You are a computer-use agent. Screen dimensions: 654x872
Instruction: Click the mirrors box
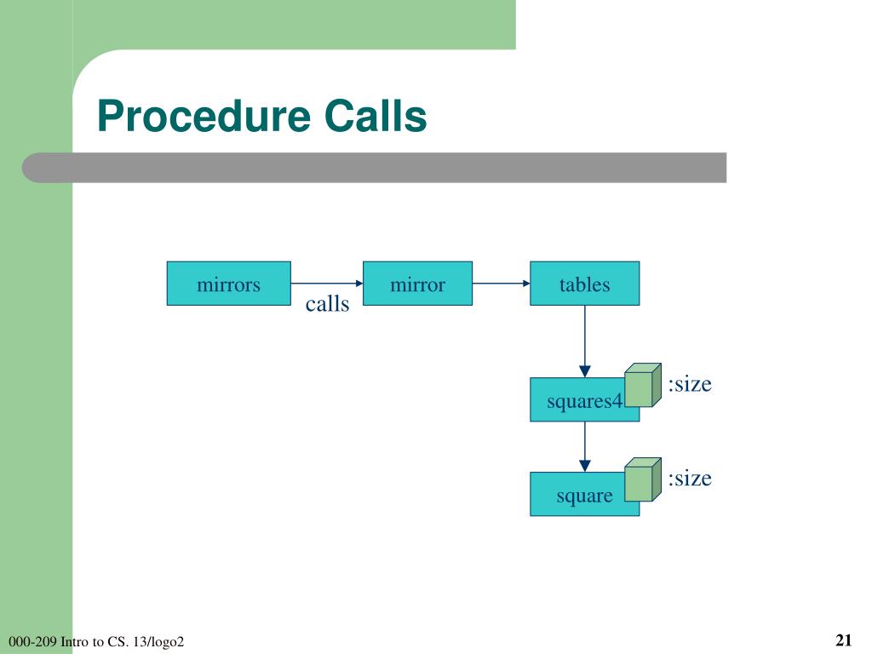click(x=228, y=284)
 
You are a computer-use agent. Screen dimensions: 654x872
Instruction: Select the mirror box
click(x=417, y=284)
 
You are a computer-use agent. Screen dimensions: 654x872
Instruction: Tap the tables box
click(x=584, y=284)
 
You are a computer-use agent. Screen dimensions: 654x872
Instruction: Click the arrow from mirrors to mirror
click(x=326, y=284)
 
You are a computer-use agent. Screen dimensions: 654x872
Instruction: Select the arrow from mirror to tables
click(x=501, y=284)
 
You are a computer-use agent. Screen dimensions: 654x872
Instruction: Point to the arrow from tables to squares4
click(x=584, y=341)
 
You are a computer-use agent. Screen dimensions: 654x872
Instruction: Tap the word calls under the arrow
click(x=328, y=304)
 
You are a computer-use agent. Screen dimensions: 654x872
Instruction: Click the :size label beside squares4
click(x=689, y=384)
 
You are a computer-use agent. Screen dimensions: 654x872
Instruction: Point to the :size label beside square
click(x=689, y=478)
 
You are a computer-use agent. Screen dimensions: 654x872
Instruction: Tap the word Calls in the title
click(x=375, y=117)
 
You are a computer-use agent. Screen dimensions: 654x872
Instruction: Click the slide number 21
click(x=844, y=640)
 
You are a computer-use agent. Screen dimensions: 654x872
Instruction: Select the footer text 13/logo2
click(x=157, y=641)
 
